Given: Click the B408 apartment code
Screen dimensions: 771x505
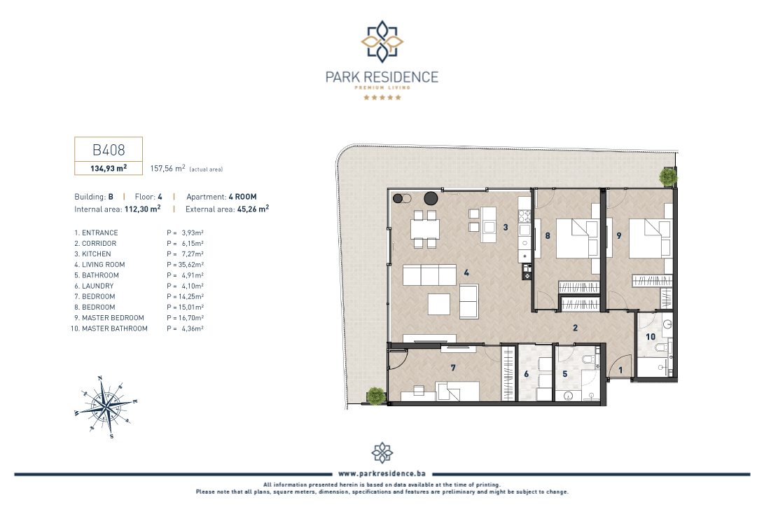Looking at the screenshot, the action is pos(109,149).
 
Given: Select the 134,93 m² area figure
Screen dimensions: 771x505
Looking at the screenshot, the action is pos(109,168).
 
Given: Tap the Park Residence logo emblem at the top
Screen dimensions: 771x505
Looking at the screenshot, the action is pos(382,42).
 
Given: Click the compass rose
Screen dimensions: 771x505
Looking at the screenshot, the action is pos(106,407).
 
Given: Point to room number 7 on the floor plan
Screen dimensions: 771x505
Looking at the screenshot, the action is pos(453,368).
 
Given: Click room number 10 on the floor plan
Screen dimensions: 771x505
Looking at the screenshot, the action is pos(651,337).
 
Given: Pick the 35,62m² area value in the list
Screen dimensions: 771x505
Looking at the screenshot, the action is pos(190,265).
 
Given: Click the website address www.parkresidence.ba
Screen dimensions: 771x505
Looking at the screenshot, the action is pos(382,473).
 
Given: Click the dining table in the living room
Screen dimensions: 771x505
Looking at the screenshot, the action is pos(425,229).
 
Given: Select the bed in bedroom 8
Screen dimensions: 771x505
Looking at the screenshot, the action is pos(577,238).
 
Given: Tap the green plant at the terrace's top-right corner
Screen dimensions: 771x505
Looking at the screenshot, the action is pos(668,177).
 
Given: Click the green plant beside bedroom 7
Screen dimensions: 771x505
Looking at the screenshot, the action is pos(376,395).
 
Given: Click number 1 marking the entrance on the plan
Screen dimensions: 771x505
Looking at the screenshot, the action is pos(620,371).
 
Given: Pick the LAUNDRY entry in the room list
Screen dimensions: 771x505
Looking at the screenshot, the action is pos(94,286).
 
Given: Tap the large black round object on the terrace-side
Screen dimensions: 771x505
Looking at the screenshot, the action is pos(431,198).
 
